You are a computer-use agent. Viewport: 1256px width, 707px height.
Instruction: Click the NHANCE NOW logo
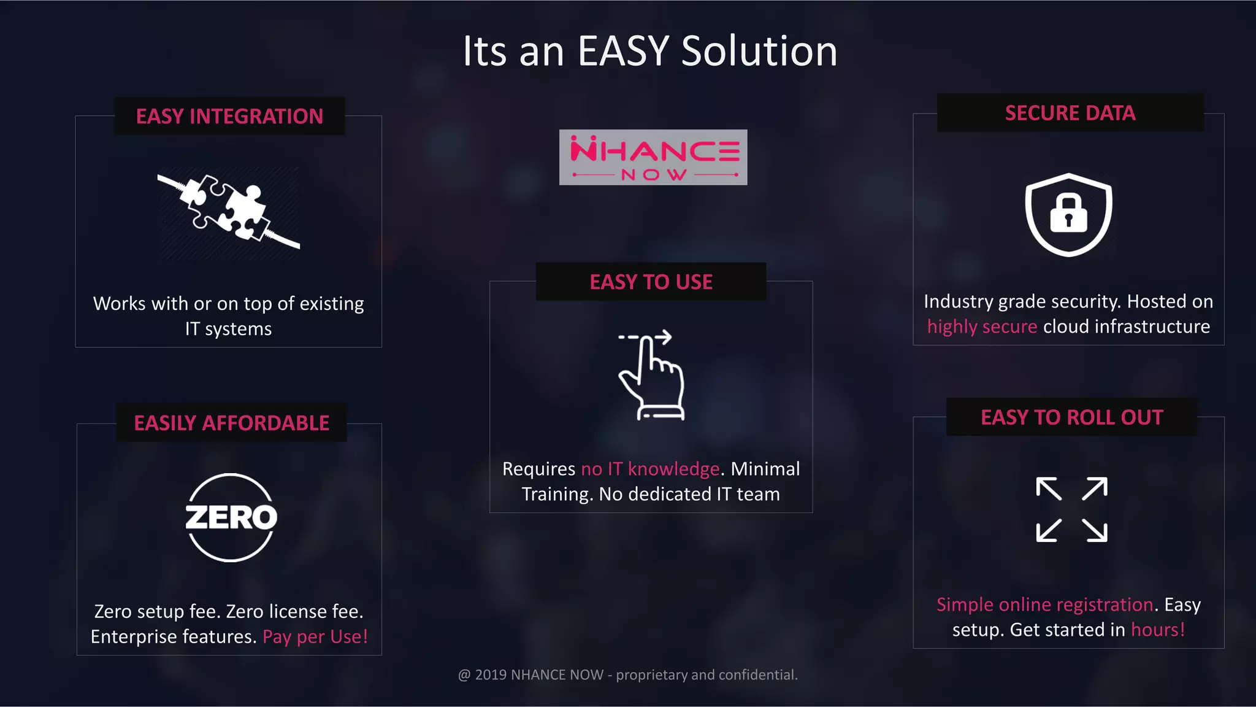point(653,157)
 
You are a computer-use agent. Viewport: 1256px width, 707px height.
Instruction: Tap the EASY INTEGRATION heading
point(229,116)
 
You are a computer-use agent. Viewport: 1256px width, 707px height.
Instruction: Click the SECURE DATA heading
point(1070,113)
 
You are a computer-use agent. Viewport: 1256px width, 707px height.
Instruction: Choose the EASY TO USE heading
point(651,282)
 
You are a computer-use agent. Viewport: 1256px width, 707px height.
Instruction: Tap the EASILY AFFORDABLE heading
point(232,423)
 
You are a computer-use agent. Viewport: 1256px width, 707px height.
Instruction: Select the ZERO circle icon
point(231,517)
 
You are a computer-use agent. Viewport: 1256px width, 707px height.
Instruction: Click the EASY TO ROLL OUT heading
point(1071,417)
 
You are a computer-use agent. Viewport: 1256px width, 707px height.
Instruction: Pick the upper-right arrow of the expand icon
point(1095,489)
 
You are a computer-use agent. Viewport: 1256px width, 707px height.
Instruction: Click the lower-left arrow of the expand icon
point(1048,530)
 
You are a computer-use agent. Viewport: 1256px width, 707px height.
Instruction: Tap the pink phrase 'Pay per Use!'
point(315,636)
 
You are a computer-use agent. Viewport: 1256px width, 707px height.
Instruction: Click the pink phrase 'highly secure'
point(982,326)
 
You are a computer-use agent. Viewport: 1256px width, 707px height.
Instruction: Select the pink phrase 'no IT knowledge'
point(650,469)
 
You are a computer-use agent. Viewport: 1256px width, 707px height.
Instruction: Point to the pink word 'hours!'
point(1158,630)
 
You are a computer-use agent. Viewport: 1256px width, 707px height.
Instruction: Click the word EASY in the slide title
point(623,51)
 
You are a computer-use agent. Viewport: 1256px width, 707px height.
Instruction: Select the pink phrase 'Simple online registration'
point(1044,605)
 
